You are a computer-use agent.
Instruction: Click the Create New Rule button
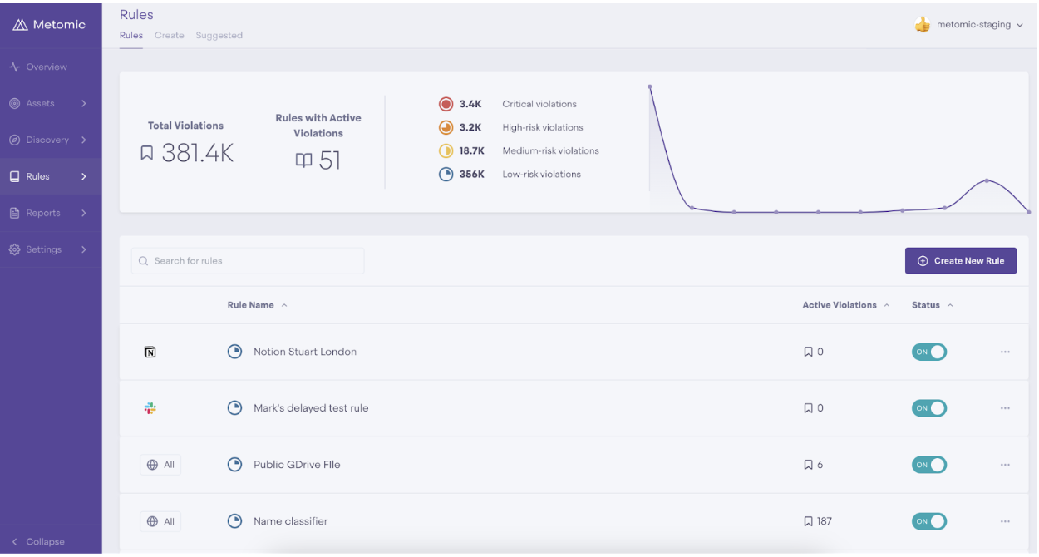tap(961, 261)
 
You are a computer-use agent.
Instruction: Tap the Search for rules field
tap(248, 261)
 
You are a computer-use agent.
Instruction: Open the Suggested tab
tap(219, 35)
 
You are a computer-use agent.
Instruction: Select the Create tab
tap(170, 35)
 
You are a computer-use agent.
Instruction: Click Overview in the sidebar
tap(47, 67)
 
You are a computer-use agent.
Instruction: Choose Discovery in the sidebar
tap(48, 140)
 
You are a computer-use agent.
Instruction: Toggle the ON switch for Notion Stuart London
tap(929, 352)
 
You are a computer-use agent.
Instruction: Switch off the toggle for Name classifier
tap(929, 521)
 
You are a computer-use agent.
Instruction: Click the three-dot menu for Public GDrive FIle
tap(1005, 465)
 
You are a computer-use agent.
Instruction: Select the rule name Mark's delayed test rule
tap(311, 408)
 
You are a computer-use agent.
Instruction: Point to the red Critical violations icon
tap(446, 104)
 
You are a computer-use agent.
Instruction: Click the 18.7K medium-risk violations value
tap(472, 150)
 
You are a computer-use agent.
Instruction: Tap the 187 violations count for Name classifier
tap(825, 521)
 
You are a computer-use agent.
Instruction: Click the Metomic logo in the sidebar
tap(49, 25)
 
